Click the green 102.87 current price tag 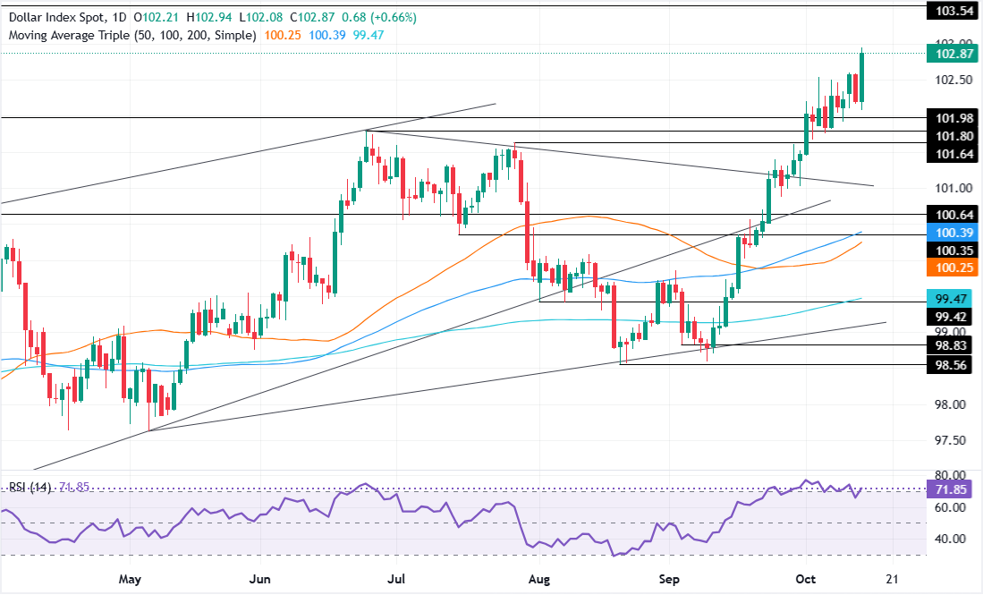pos(954,54)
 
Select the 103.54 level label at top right pos(954,11)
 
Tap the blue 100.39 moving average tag pos(954,233)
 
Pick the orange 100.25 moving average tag pos(954,268)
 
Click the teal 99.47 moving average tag pos(954,299)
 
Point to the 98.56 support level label pos(954,365)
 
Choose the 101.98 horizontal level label pos(954,118)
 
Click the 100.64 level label pos(954,215)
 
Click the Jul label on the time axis pos(395,579)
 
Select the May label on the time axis pos(130,579)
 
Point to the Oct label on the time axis pos(806,579)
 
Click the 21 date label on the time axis pos(892,579)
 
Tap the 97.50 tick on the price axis pos(951,441)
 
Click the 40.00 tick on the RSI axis pos(951,539)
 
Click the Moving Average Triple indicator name pos(69,35)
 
